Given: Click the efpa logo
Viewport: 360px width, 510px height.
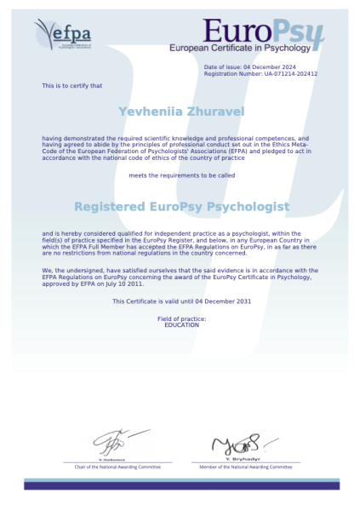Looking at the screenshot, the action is coord(63,35).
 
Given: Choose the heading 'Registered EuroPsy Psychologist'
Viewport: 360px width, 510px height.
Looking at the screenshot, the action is coord(181,207).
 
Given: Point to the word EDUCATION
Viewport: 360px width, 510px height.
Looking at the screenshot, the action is coord(181,325).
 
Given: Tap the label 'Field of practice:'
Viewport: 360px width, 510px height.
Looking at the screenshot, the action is coord(181,318).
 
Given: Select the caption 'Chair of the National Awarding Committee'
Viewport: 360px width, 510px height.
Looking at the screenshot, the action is coord(117,467).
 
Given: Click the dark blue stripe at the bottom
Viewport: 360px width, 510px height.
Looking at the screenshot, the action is coord(180,485).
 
